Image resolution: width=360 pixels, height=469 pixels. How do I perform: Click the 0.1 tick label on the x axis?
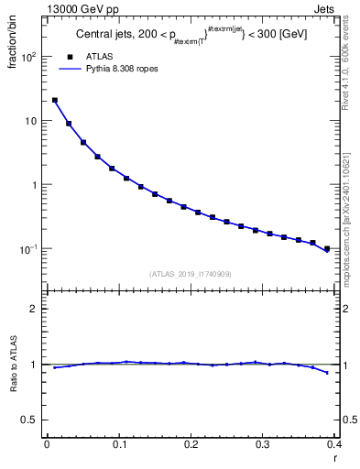(118, 445)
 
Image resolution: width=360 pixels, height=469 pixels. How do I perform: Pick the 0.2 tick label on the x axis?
(191, 445)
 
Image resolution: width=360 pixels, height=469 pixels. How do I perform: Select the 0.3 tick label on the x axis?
(263, 445)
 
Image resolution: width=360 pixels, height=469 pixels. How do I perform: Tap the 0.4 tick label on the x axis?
(334, 445)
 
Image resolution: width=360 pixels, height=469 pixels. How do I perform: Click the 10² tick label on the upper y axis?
(29, 57)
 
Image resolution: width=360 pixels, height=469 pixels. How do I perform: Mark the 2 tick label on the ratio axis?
(34, 309)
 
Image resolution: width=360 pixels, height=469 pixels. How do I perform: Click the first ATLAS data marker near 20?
(55, 101)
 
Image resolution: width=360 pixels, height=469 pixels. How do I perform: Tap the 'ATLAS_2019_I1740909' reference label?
(191, 274)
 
